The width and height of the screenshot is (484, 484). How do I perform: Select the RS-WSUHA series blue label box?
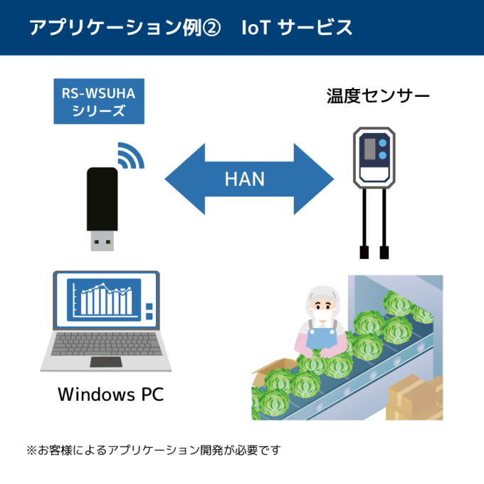tap(99, 100)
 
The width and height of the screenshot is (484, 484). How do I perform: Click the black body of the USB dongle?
tap(102, 199)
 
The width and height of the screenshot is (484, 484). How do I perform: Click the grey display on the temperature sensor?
tap(369, 149)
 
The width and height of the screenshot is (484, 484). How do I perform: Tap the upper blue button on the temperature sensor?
tap(384, 143)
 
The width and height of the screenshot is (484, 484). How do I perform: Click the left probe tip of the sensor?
tap(364, 251)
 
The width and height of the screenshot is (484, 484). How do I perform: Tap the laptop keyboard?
tap(105, 348)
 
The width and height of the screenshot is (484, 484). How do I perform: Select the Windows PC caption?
tap(110, 394)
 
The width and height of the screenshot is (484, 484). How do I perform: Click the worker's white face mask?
tap(323, 313)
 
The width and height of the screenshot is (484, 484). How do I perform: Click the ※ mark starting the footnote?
tap(31, 451)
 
